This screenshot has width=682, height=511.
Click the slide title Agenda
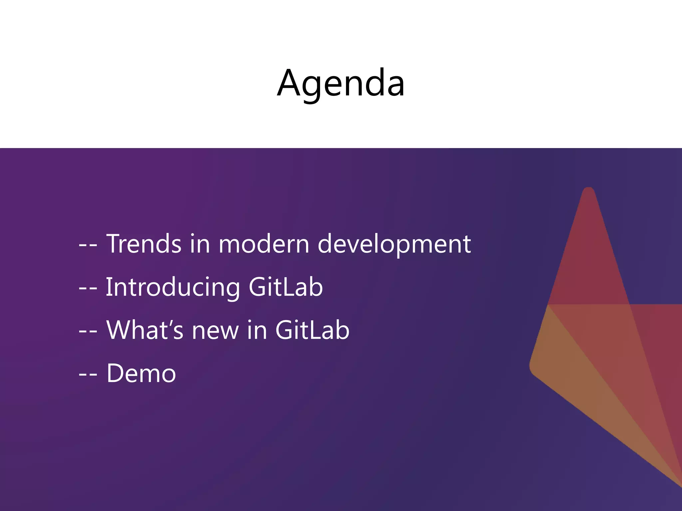pos(341,83)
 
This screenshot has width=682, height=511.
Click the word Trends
pos(144,244)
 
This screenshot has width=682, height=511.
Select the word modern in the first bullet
pos(264,244)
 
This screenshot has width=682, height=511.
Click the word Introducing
pos(172,287)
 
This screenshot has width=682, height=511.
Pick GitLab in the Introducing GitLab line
pos(286,287)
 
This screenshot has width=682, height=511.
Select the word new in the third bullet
pos(215,330)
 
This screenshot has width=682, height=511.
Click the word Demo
pos(141,373)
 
